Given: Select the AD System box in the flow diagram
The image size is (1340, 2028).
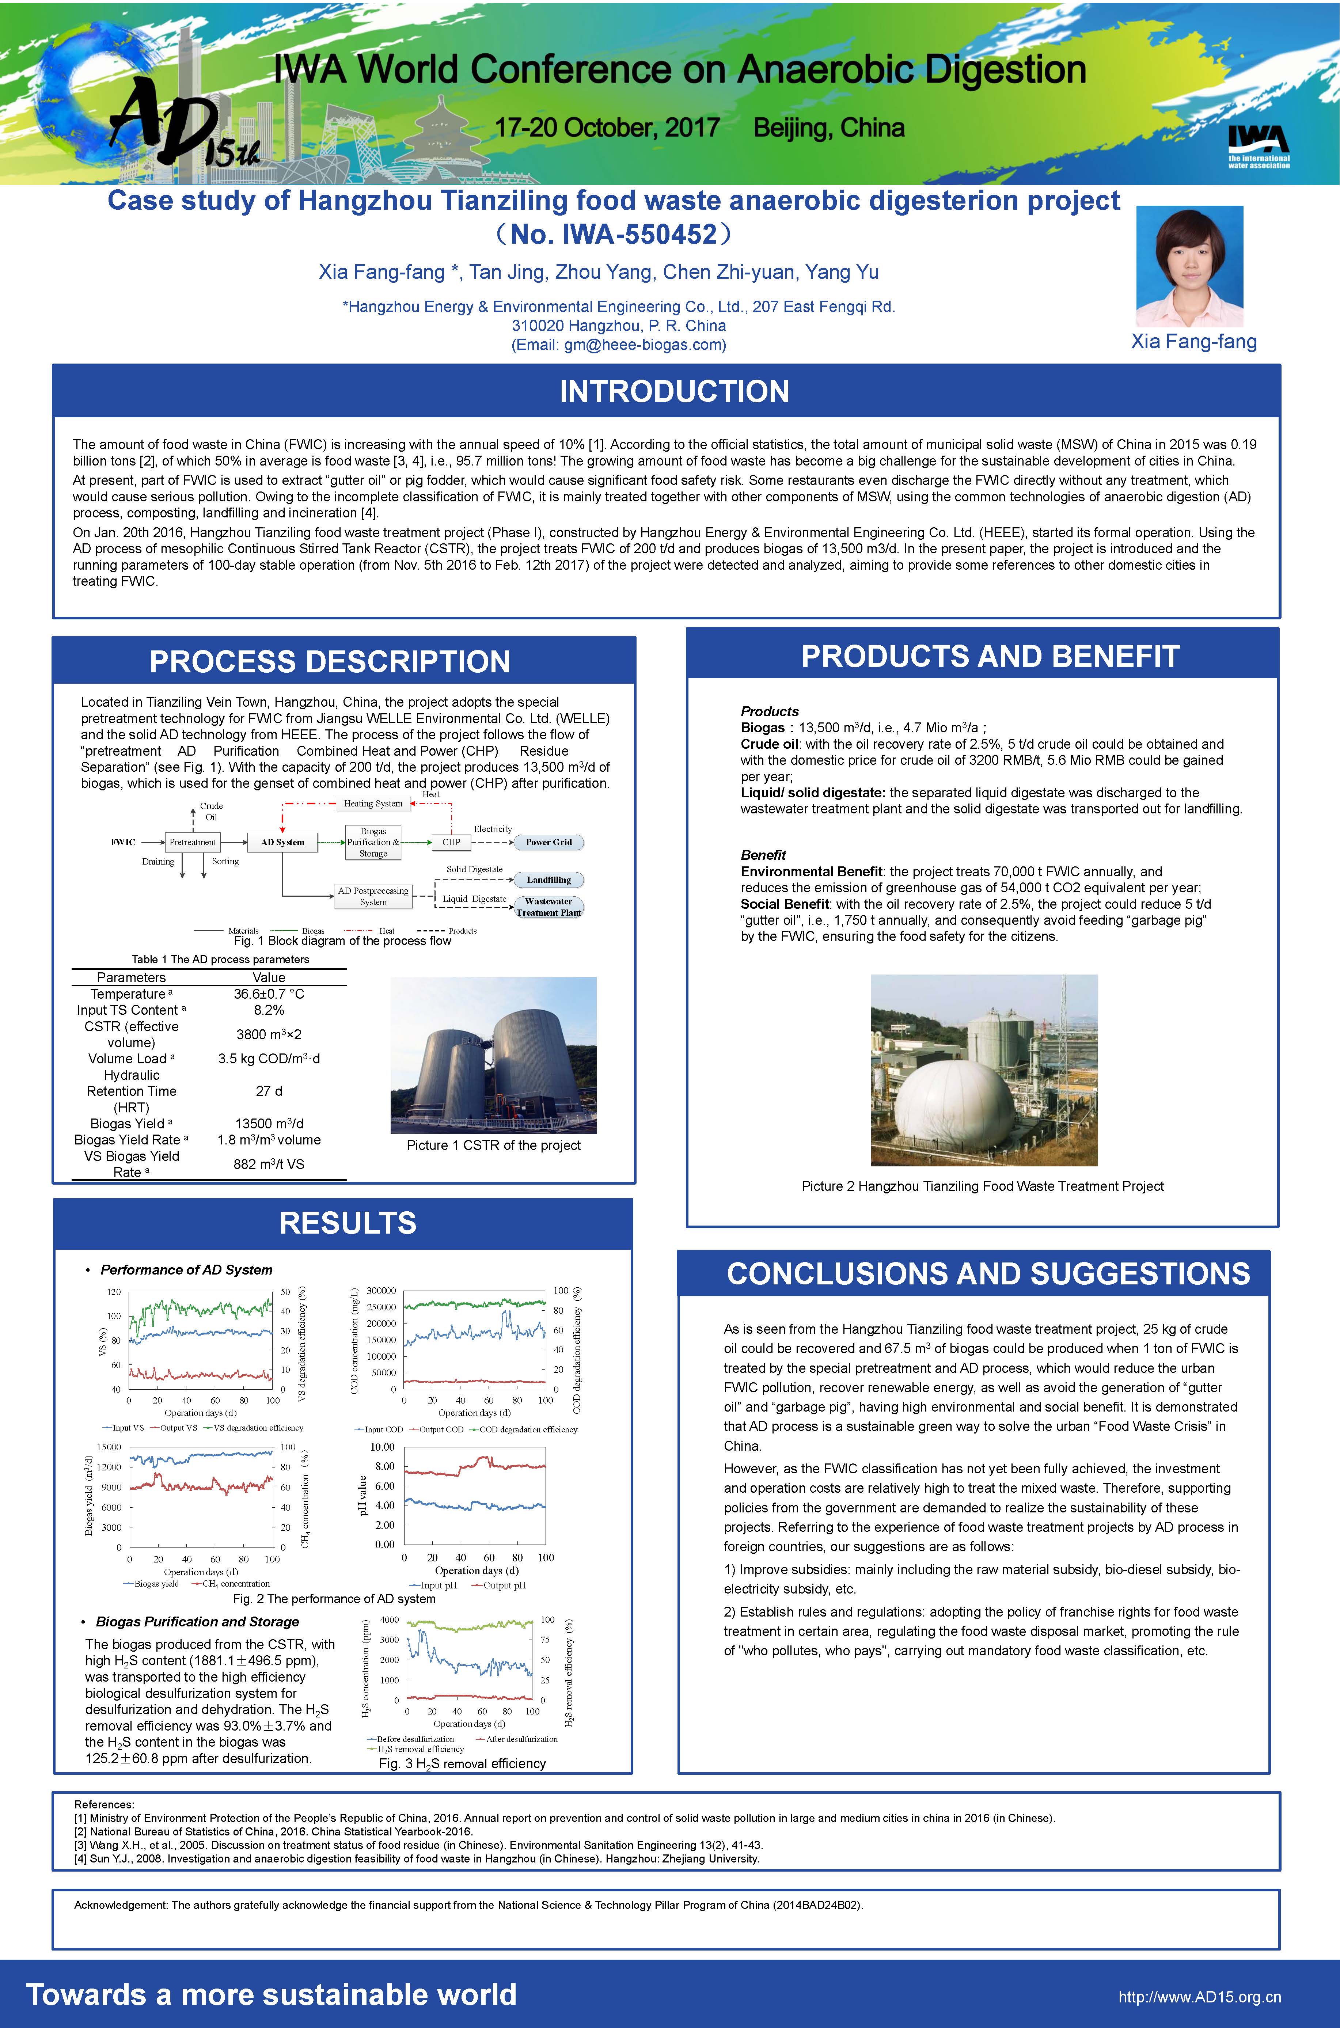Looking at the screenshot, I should click(282, 842).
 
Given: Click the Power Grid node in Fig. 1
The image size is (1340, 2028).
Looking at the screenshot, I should click(548, 842).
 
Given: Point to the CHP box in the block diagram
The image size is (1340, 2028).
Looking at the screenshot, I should click(451, 842).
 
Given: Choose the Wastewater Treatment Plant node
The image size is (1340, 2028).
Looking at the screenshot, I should click(548, 907).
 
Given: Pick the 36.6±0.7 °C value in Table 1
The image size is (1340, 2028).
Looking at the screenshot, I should click(268, 994).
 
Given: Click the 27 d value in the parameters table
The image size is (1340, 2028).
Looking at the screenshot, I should click(268, 1091).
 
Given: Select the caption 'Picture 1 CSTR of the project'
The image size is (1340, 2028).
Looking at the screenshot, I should click(493, 1145).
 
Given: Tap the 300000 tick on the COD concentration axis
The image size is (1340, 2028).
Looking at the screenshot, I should click(381, 1291).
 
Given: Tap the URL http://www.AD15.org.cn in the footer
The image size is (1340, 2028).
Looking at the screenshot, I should click(1199, 1997).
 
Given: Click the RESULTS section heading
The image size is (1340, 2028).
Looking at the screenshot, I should click(348, 1223).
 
